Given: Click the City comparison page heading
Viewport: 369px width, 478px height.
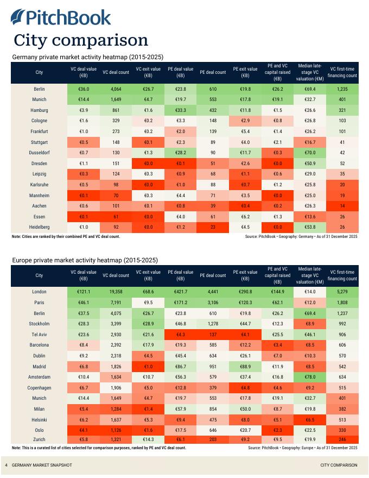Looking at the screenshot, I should pyautogui.click(x=81, y=40).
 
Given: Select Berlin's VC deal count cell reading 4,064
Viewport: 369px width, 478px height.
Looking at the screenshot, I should pyautogui.click(x=116, y=89).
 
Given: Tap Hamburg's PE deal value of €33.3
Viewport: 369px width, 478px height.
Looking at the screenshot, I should pyautogui.click(x=181, y=110).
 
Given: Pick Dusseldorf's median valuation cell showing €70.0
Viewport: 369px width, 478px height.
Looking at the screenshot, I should pyautogui.click(x=310, y=153).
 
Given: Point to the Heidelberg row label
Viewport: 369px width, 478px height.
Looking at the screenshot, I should pyautogui.click(x=39, y=227).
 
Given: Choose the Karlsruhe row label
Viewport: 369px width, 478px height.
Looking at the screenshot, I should pyautogui.click(x=39, y=184).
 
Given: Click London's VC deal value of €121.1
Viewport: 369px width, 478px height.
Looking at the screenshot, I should pyautogui.click(x=84, y=292).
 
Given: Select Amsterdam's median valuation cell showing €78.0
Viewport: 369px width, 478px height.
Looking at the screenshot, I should pyautogui.click(x=310, y=376).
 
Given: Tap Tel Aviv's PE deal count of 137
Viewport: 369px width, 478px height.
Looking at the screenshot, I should pyautogui.click(x=213, y=334).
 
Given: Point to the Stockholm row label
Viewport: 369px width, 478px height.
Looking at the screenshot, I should pyautogui.click(x=39, y=323).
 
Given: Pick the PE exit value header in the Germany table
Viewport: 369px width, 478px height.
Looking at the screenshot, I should pyautogui.click(x=245, y=72).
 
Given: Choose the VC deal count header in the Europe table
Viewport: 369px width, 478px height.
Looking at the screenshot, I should pyautogui.click(x=116, y=275).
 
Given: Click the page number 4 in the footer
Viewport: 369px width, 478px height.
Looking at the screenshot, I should pyautogui.click(x=6, y=466).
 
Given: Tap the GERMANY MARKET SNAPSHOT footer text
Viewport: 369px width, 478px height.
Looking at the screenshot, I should pyautogui.click(x=41, y=466).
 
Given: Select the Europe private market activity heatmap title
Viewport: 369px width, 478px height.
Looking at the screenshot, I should pyautogui.click(x=85, y=260).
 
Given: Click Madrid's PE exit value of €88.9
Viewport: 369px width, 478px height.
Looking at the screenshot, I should pyautogui.click(x=245, y=366).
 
